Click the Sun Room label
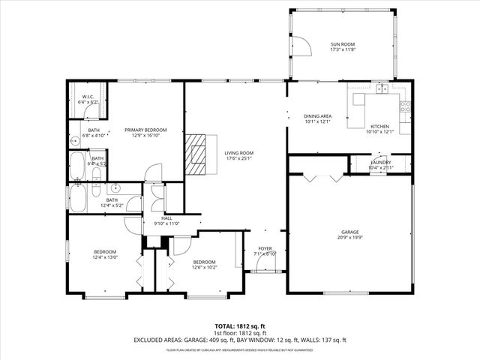click(341, 45)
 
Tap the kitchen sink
click(383, 89)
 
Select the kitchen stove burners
click(406, 107)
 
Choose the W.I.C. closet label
click(88, 98)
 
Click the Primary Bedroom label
click(145, 130)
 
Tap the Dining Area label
click(317, 116)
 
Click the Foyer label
click(265, 248)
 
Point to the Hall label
click(166, 218)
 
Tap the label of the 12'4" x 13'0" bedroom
click(104, 252)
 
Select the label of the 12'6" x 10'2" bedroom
click(204, 262)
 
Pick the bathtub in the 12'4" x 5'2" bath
click(78, 199)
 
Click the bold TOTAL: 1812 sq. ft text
click(240, 326)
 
